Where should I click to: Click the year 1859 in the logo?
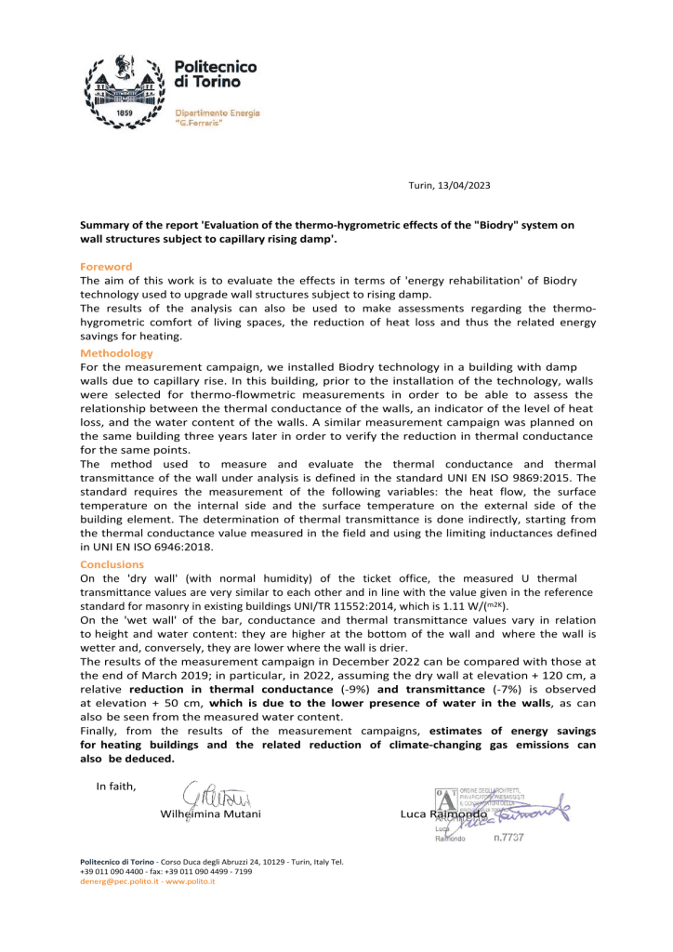click(x=125, y=113)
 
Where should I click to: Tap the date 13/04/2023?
click(x=462, y=186)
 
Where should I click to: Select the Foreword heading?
click(x=106, y=267)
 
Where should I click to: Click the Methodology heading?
click(x=116, y=353)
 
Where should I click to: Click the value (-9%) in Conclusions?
click(x=352, y=689)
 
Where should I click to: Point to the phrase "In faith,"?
click(x=116, y=786)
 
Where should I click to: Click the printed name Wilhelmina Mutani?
click(x=211, y=813)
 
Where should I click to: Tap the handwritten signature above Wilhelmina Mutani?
click(x=215, y=797)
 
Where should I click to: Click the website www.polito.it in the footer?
click(x=191, y=881)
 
